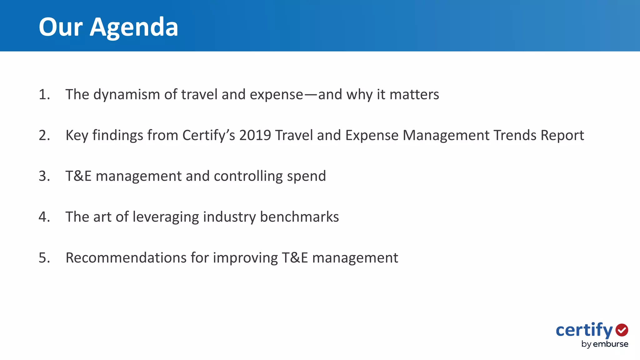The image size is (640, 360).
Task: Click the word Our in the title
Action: pos(61,27)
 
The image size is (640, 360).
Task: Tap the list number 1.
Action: pos(44,95)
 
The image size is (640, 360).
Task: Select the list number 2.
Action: pos(44,135)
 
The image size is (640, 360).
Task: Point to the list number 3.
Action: pos(44,176)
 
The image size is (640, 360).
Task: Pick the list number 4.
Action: pos(44,217)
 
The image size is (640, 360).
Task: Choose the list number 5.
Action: pos(44,258)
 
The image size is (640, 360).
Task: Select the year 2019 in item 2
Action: pos(255,135)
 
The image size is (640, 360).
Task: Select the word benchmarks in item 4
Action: pos(299,217)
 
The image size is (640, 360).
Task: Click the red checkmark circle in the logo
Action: pos(622,330)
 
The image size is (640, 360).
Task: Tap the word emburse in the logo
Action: pos(610,344)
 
